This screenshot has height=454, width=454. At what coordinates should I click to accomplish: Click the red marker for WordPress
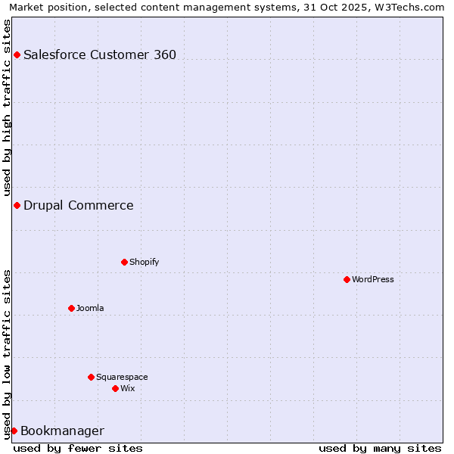click(347, 279)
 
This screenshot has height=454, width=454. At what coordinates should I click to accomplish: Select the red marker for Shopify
click(124, 262)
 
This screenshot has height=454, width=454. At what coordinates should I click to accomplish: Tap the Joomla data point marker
click(71, 308)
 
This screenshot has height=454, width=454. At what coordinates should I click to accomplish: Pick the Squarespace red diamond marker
click(91, 377)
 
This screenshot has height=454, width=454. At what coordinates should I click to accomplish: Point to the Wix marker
click(115, 388)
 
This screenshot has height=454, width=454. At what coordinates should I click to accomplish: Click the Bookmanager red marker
click(14, 431)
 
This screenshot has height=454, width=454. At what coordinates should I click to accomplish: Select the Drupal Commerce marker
click(17, 205)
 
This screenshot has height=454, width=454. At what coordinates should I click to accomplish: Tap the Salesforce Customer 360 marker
click(17, 54)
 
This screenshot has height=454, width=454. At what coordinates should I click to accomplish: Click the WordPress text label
click(373, 279)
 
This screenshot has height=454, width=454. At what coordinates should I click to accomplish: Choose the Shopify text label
click(144, 262)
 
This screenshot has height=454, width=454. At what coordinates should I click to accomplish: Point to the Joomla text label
click(90, 308)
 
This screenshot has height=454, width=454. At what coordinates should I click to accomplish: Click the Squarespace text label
click(122, 377)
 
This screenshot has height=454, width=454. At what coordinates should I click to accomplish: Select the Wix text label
click(127, 388)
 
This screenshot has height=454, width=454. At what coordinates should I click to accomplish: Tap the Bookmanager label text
click(62, 431)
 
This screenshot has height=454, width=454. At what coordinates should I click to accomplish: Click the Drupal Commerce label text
click(78, 205)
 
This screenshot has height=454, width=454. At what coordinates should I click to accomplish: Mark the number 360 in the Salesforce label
click(163, 54)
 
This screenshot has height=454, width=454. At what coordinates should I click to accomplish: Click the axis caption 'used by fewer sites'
click(78, 448)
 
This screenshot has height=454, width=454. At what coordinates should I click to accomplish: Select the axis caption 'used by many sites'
click(380, 448)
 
